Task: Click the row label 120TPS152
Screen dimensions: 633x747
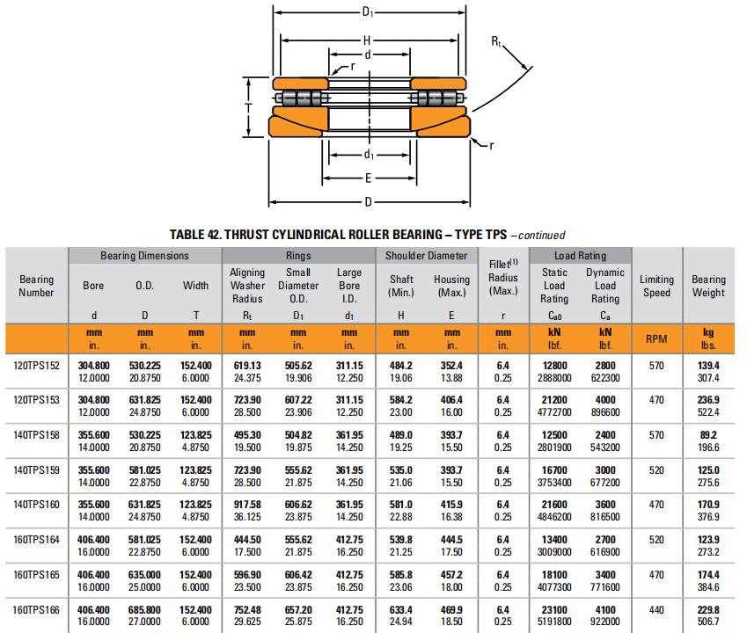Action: point(37,364)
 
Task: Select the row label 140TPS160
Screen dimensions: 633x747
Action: point(37,505)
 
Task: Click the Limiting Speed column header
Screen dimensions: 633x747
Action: point(656,286)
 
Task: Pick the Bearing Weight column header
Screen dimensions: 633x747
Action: point(708,286)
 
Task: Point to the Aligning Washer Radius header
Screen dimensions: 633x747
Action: point(247,286)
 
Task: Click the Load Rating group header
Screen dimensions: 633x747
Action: point(580,256)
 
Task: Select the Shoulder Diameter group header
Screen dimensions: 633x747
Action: point(427,256)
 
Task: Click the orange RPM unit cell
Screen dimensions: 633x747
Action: point(656,338)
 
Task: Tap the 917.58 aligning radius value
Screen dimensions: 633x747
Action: point(247,505)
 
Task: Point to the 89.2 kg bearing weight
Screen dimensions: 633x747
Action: point(708,434)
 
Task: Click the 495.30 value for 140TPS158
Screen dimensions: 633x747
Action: point(247,434)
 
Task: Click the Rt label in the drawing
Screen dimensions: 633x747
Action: point(497,40)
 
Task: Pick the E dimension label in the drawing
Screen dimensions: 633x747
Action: point(368,178)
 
